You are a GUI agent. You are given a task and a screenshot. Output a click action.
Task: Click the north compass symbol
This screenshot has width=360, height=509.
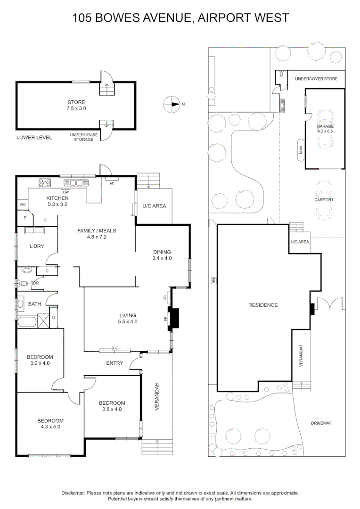172,104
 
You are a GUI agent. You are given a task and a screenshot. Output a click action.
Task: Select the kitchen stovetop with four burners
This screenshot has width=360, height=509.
45,183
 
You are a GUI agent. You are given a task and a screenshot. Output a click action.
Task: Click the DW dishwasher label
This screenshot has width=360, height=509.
66,192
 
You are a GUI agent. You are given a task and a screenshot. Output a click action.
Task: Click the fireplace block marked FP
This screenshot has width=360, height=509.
174,318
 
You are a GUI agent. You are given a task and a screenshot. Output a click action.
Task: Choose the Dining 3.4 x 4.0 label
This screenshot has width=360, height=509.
162,255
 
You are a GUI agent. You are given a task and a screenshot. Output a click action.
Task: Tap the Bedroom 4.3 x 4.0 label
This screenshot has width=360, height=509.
50,424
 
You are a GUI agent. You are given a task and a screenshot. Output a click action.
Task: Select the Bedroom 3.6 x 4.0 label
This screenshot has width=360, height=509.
112,406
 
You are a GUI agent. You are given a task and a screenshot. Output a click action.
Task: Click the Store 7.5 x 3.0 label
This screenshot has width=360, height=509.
76,105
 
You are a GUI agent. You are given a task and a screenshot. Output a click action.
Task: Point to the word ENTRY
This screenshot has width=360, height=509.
115,363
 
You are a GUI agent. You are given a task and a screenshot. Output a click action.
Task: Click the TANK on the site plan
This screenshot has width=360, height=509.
301,150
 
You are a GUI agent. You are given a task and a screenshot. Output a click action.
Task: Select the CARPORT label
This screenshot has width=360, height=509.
324,200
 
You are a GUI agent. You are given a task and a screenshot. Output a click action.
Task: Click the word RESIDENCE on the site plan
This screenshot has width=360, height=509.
263,305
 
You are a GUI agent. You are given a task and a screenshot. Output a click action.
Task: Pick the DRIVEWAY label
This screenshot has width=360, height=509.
321,423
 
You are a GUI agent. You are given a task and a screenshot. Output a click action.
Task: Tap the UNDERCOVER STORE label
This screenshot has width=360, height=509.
316,79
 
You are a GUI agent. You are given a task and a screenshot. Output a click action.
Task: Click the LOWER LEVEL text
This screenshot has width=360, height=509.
34,138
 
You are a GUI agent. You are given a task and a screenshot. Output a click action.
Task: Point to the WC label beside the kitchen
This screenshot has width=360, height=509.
22,204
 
